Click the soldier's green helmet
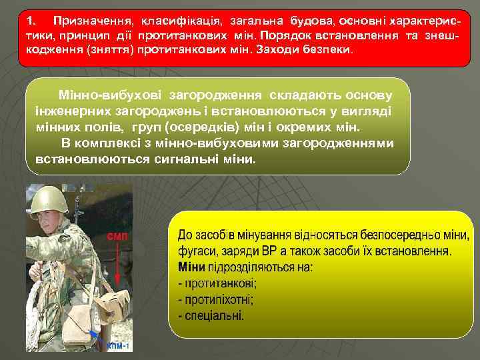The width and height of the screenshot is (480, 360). pyautogui.click(x=53, y=199)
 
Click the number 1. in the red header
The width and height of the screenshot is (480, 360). pyautogui.click(x=31, y=21)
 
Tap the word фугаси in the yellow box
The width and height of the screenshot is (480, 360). pyautogui.click(x=197, y=252)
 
